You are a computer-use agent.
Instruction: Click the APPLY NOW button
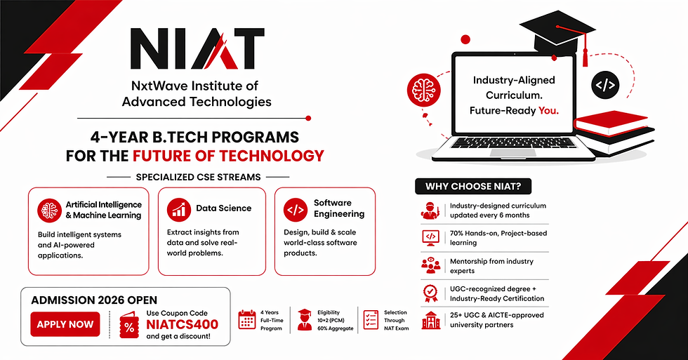(x=65, y=324)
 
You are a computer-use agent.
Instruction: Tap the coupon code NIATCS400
(x=182, y=324)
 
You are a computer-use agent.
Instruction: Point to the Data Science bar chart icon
(x=178, y=208)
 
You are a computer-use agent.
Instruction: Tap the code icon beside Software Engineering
(x=294, y=208)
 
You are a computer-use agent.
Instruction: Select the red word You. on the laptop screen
(x=548, y=111)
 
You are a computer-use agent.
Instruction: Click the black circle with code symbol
(x=604, y=86)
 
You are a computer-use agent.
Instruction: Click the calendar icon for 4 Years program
(x=247, y=319)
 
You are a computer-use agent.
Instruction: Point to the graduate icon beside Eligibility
(x=304, y=319)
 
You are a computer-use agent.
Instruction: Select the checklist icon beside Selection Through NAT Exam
(x=371, y=319)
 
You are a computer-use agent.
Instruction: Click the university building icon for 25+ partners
(x=430, y=320)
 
